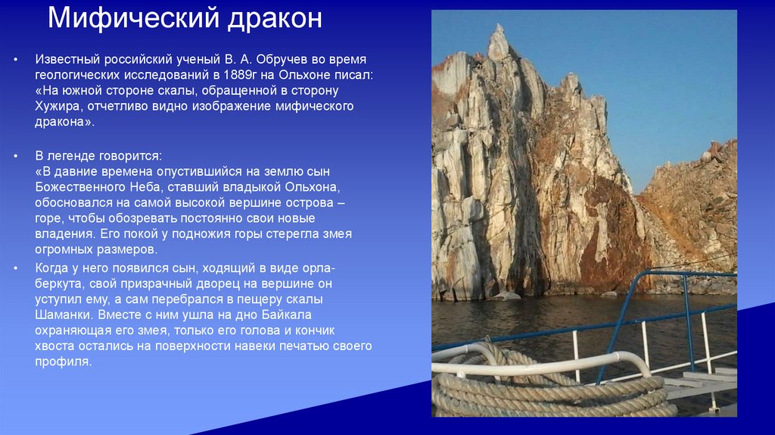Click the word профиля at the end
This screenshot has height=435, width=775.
coord(63,363)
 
